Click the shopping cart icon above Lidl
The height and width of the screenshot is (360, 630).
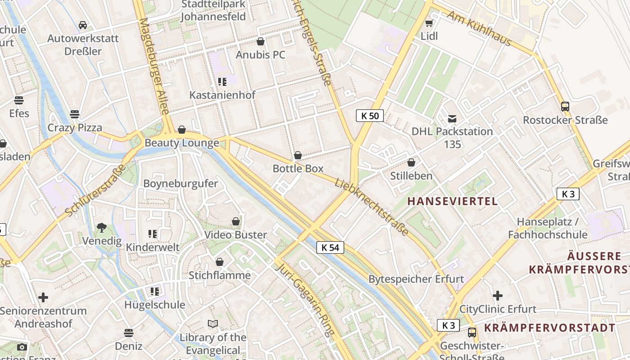pos(429,23)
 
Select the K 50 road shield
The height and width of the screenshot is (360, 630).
pos(370,116)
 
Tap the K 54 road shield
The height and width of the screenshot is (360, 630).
pos(330,247)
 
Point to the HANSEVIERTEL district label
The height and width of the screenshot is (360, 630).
pos(452,201)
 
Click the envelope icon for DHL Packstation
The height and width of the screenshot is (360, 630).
pos(452,119)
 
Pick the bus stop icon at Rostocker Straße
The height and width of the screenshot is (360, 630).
pos(565,107)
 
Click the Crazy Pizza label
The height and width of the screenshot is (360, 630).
pos(75,127)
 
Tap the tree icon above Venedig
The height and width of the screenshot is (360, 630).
pos(102,228)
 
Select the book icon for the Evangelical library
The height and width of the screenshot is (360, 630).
pos(213,324)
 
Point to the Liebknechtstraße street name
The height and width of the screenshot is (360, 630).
pos(372,206)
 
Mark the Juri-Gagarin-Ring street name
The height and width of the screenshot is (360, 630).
pos(305,299)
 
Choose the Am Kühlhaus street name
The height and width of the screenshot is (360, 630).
pos(479,28)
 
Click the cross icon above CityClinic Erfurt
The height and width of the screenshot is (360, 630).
pos(498,296)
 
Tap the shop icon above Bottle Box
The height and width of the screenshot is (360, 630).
pos(298,156)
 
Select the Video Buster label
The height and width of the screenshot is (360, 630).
pos(236,234)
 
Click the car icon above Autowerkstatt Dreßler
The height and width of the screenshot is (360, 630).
pos(83,25)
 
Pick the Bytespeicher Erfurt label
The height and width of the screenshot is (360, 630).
pos(416,279)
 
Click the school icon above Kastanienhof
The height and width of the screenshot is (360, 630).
pos(222,82)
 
